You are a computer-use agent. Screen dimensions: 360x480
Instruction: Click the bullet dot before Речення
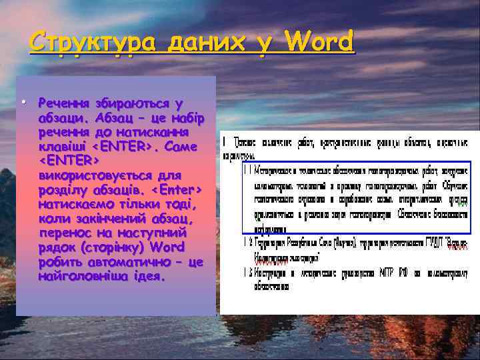(23, 103)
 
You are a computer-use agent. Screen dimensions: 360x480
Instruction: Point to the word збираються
(133, 103)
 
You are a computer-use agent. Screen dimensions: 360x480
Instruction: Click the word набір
(183, 118)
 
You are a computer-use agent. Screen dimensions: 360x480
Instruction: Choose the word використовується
(90, 176)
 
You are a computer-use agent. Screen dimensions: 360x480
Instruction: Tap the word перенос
(67, 233)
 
